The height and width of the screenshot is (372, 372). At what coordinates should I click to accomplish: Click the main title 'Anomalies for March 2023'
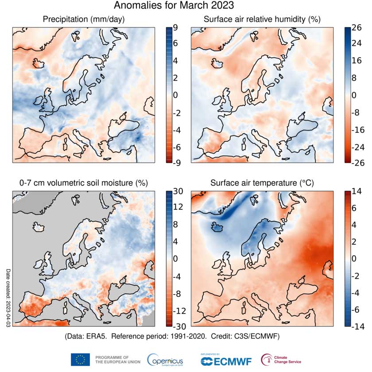(174, 6)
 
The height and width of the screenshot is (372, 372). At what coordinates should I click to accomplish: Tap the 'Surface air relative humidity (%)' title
(262, 19)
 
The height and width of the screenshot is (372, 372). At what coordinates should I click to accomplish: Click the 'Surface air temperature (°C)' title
(262, 183)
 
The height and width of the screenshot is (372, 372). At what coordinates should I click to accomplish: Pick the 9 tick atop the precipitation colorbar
(175, 27)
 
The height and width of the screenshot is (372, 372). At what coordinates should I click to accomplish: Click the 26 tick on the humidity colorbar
(356, 27)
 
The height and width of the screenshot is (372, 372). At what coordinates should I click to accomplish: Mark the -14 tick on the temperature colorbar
(356, 327)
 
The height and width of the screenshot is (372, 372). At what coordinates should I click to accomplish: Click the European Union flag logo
(80, 359)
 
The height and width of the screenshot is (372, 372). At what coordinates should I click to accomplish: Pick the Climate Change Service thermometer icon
(267, 359)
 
